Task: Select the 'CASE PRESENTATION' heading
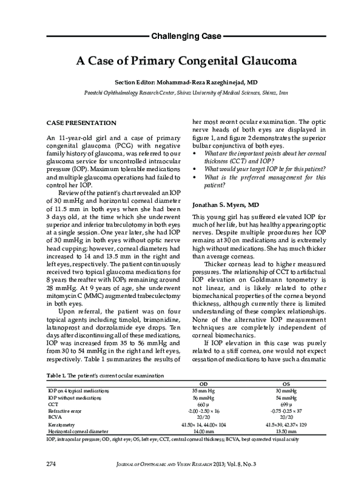[x=77, y=122]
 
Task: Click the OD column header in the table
[x=204, y=384]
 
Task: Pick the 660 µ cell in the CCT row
[x=204, y=404]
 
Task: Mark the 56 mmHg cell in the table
[x=204, y=397]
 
